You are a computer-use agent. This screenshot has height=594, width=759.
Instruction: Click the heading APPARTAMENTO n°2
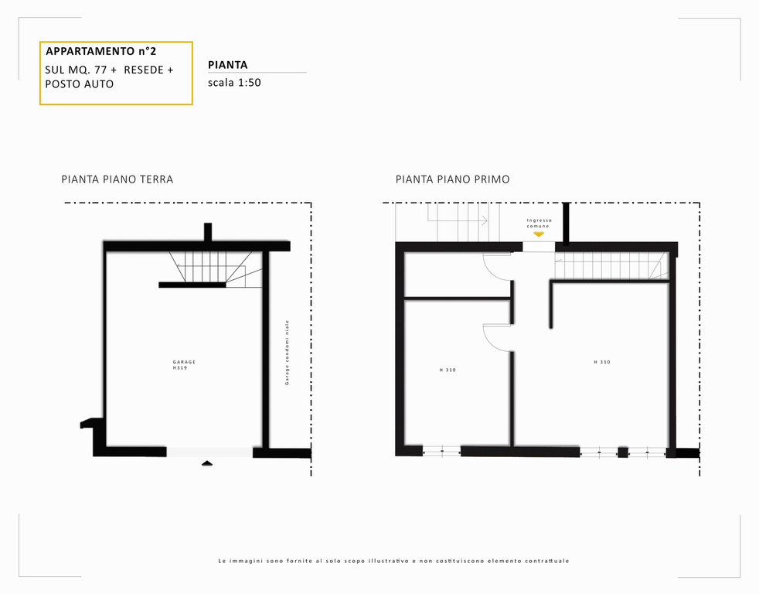point(100,51)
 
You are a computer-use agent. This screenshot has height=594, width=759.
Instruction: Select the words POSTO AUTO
point(80,84)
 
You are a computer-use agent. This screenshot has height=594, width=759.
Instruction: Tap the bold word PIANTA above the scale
point(227,65)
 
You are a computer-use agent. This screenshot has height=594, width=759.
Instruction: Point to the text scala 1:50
point(234,82)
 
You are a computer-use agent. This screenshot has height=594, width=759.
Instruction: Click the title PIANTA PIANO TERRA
point(117,179)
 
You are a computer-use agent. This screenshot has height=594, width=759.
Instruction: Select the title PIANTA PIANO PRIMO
point(453,179)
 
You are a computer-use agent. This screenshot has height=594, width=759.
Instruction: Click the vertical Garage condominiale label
point(287,353)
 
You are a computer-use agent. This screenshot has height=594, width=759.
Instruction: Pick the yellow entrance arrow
point(539,234)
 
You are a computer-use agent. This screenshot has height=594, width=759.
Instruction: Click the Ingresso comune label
point(539,223)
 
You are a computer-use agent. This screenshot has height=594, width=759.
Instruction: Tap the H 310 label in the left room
point(448,370)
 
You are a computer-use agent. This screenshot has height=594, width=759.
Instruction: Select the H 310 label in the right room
point(602,362)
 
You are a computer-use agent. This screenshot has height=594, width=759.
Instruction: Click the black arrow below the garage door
point(207,463)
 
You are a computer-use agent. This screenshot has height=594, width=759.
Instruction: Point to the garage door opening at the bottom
point(209,452)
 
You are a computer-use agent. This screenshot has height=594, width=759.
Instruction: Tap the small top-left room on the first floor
point(457,275)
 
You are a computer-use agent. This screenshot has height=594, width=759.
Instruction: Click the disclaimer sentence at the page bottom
point(393,561)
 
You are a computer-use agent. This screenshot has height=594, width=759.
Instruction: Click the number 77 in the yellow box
point(100,70)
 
